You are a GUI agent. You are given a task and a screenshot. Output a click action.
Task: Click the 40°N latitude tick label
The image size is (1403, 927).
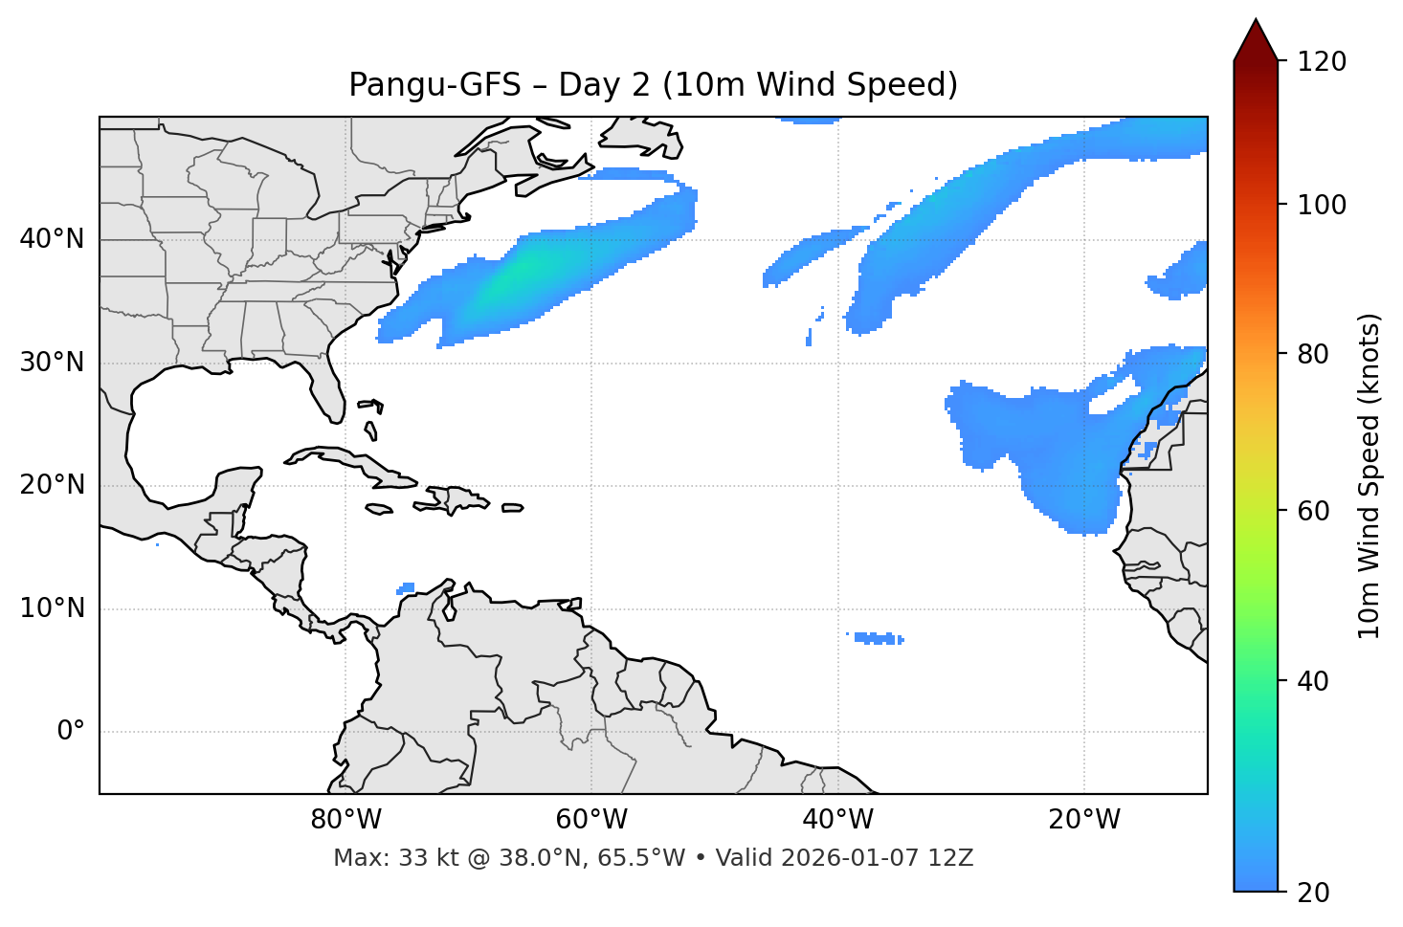pyautogui.click(x=52, y=239)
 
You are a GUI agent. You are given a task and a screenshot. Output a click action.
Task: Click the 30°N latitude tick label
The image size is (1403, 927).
pyautogui.click(x=52, y=363)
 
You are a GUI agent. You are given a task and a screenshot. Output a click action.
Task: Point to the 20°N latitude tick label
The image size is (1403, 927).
pyautogui.click(x=52, y=485)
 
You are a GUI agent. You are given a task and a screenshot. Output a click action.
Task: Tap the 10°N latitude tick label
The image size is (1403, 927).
pyautogui.click(x=52, y=608)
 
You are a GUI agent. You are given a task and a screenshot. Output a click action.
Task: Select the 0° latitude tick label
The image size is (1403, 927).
pyautogui.click(x=70, y=732)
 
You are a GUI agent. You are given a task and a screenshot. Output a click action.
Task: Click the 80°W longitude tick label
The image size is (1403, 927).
pyautogui.click(x=345, y=820)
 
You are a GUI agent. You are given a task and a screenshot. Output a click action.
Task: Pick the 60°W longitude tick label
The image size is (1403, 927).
pyautogui.click(x=591, y=820)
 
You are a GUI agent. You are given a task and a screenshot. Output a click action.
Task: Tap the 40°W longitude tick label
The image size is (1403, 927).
pyautogui.click(x=837, y=820)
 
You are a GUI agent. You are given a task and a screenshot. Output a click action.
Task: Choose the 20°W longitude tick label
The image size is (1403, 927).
pyautogui.click(x=1083, y=820)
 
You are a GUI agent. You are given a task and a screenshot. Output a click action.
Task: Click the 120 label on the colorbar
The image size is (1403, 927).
pyautogui.click(x=1320, y=62)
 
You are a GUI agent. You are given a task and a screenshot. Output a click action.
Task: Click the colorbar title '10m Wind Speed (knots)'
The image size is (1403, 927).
pyautogui.click(x=1370, y=476)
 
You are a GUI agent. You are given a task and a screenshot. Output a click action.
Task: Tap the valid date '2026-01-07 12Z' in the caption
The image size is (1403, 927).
pyautogui.click(x=877, y=858)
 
